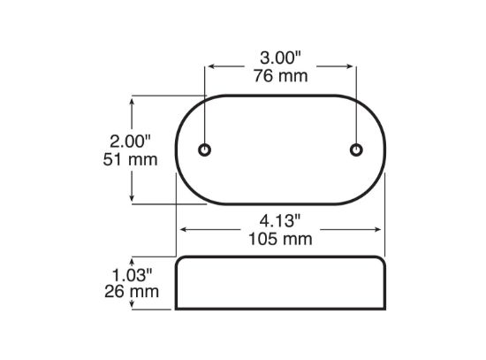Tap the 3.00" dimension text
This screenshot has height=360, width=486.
280,58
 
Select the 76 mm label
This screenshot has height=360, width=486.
281,76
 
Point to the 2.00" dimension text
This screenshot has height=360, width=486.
130,142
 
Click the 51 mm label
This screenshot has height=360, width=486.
130,159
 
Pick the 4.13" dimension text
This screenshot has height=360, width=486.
280,221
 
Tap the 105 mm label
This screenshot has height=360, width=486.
280,239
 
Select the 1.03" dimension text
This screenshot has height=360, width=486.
132,275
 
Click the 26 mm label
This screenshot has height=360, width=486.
132,291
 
